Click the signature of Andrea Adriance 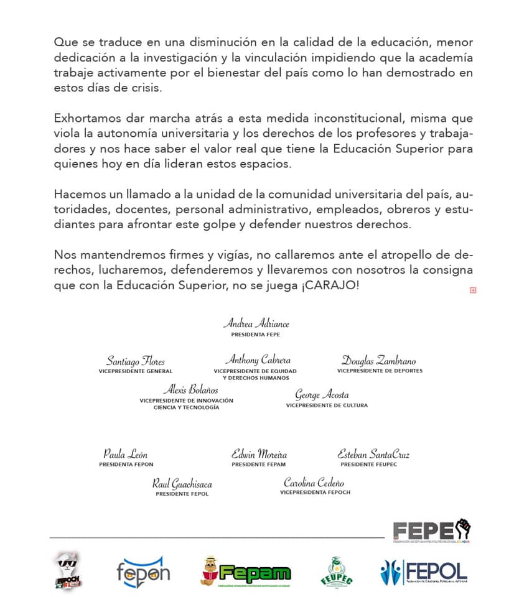click(x=256, y=324)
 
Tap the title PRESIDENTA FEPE click(x=256, y=335)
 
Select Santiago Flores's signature click(x=135, y=361)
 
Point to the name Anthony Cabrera click(x=257, y=360)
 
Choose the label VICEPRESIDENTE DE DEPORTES click(x=380, y=371)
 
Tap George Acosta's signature click(x=322, y=395)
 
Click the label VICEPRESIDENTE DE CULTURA click(x=327, y=405)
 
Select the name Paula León click(x=125, y=454)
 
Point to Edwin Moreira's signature click(x=259, y=454)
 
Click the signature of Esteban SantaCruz click(x=373, y=454)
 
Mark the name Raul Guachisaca click(x=182, y=483)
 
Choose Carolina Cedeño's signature click(x=314, y=483)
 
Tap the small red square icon click(x=473, y=290)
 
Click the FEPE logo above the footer click(x=431, y=530)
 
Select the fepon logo click(x=143, y=572)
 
